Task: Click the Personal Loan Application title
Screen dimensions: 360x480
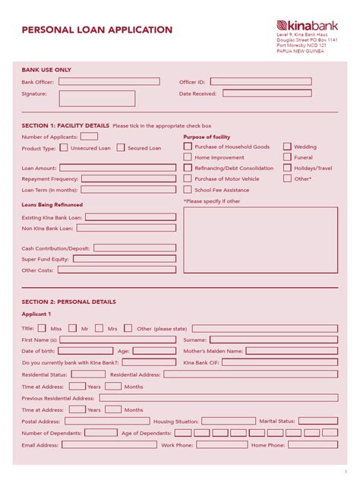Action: (97, 30)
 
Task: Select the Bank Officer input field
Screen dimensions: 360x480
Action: (109, 81)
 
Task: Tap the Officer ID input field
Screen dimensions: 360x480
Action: (270, 81)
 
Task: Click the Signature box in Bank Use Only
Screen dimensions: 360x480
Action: (97, 98)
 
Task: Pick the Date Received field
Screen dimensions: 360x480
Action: (276, 94)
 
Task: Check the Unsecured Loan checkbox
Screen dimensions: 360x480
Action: (64, 148)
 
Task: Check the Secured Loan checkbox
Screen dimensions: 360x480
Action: (121, 148)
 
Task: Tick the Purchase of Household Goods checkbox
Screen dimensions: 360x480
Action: (188, 147)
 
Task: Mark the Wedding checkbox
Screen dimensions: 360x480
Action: (287, 147)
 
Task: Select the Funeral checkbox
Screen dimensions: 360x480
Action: (287, 157)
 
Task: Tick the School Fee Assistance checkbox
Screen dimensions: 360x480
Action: (188, 189)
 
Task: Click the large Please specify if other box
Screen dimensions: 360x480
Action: (261, 239)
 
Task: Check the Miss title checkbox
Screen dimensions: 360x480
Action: (43, 328)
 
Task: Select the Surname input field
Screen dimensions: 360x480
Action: (273, 340)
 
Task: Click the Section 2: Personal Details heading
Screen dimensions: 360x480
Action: (69, 302)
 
